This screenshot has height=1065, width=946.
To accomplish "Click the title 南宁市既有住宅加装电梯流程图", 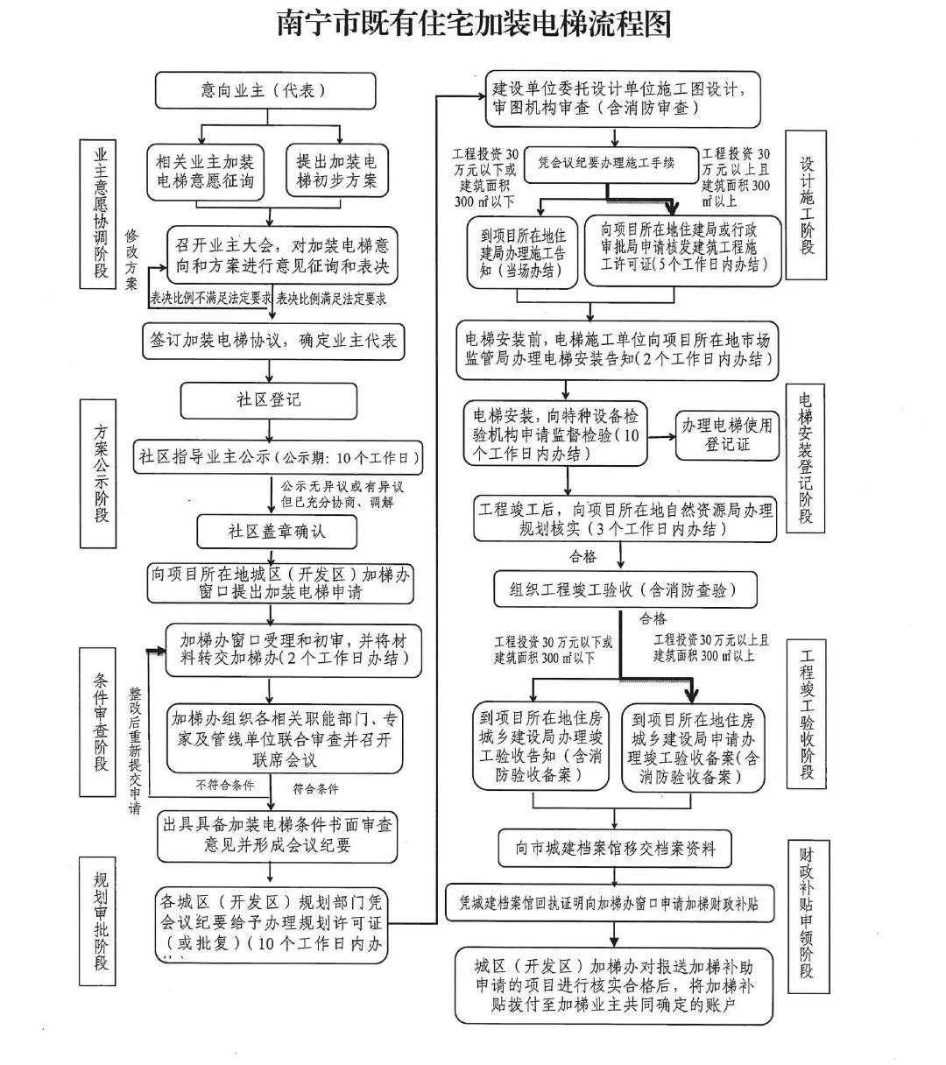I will [473, 25].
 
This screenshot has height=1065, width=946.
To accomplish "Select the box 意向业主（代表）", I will [265, 90].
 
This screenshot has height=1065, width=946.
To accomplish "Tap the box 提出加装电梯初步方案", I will [336, 172].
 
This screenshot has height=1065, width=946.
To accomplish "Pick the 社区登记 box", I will [269, 400].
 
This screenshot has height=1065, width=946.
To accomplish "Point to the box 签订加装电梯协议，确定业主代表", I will [273, 341].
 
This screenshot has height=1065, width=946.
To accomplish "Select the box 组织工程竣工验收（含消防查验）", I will [625, 589].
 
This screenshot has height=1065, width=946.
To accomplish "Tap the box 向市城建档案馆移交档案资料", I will [616, 848].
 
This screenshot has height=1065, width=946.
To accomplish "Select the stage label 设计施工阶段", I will [806, 205].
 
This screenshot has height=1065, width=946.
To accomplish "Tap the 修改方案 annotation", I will [132, 259].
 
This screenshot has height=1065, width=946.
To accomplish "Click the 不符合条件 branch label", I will [225, 786].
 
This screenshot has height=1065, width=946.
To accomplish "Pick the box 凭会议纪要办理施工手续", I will [606, 163].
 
